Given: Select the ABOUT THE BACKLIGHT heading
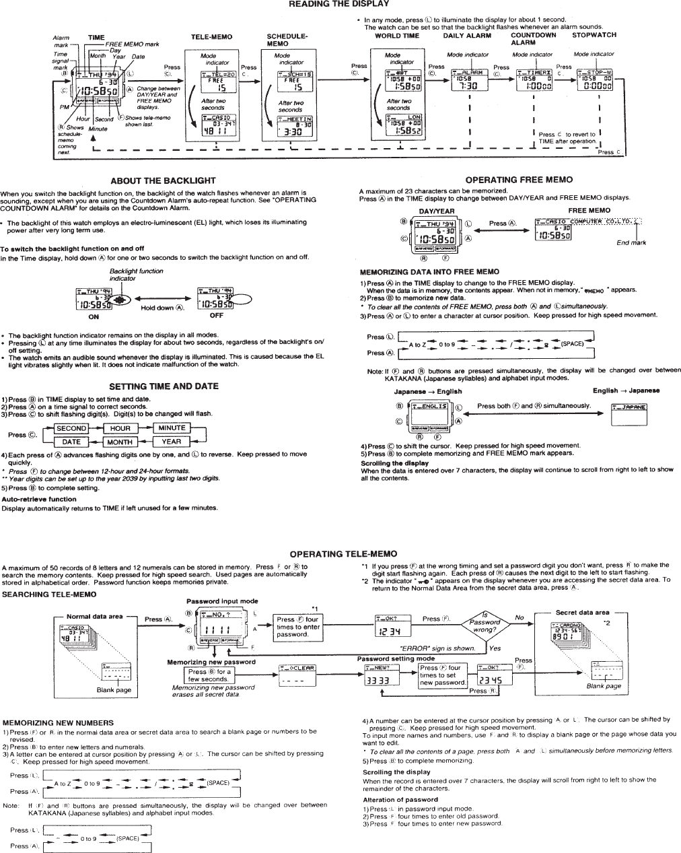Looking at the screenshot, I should pos(163,180).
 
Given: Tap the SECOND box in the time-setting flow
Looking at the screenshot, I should pos(71,428).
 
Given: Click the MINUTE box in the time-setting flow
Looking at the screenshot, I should pos(172,428).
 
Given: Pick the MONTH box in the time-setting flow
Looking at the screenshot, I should pos(120,442).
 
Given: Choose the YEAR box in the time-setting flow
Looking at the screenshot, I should pos(172,442).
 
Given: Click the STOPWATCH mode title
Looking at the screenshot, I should pos(594,35).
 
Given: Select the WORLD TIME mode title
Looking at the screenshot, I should pos(397,36).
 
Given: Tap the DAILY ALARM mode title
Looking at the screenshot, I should pos(467,36).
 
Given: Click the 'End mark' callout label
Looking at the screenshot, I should pos(631,242).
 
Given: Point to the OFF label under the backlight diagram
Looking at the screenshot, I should pos(217,315).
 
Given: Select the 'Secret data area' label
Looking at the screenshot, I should pos(582,613).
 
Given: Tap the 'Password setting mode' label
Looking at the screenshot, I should pos(396,658).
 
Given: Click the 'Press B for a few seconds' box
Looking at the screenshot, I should pos(209,675).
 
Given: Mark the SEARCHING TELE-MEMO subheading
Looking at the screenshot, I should pos(50,594).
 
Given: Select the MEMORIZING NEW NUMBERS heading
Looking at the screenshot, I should pos(59,722).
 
